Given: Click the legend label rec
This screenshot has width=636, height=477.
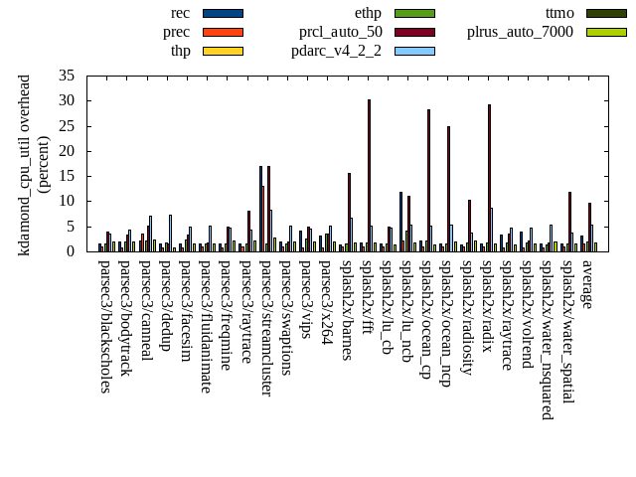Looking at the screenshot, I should pos(180,13).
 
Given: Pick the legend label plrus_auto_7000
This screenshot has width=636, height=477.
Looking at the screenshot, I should pos(520,32).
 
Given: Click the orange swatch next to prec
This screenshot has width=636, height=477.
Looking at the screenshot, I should pos(222,32).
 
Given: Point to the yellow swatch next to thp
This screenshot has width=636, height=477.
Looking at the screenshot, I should pos(222,51).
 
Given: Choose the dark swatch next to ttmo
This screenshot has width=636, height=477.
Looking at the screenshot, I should pos(606,13).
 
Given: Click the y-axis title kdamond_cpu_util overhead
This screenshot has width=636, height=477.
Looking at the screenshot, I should pos(25,164).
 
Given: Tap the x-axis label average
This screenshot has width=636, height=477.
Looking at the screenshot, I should pos(586,284).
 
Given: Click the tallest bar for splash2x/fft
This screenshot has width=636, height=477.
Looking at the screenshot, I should pos(369,175).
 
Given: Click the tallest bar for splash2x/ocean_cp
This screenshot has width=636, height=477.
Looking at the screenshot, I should pos(428,180).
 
